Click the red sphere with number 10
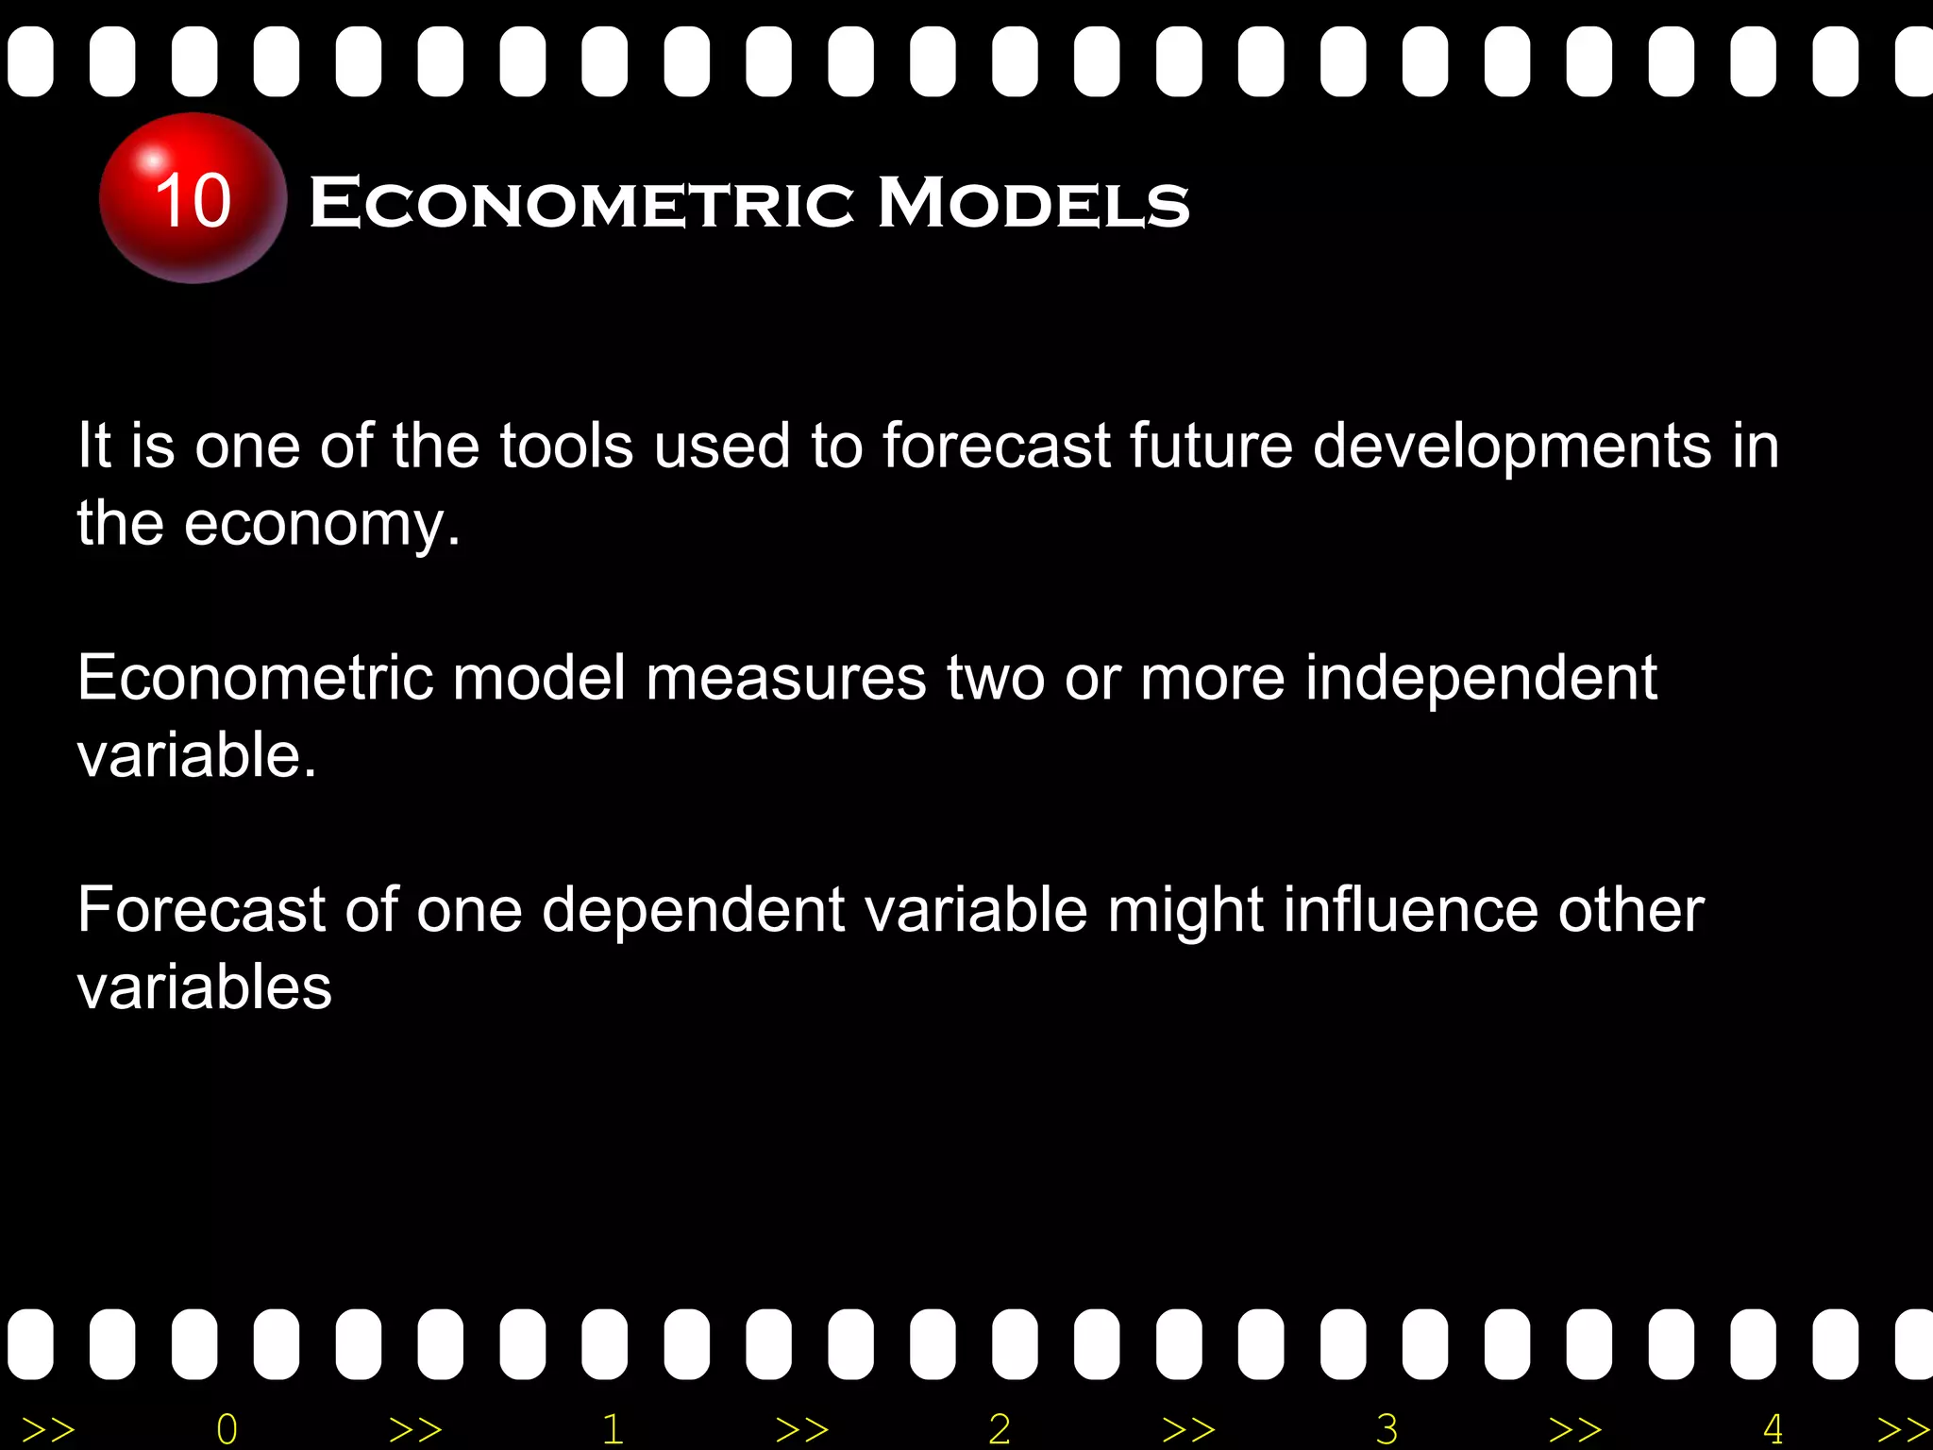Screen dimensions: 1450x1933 (193, 198)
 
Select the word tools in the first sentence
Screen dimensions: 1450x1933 (565, 446)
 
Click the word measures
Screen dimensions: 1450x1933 (786, 678)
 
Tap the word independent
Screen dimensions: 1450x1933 (1481, 680)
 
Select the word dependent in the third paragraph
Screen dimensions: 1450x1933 (694, 912)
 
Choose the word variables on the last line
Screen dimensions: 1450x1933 (205, 988)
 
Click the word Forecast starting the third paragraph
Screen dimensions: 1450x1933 (200, 910)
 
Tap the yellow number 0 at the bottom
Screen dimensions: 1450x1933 (227, 1429)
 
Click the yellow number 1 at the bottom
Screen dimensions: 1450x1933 (613, 1429)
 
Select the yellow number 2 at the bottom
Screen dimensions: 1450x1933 (1000, 1429)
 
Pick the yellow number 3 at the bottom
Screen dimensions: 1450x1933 (1387, 1429)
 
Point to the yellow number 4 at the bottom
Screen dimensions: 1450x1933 (1773, 1429)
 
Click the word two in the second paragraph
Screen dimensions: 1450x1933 (996, 678)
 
